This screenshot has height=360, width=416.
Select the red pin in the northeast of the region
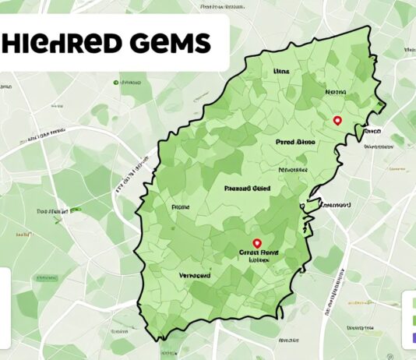tap(337, 121)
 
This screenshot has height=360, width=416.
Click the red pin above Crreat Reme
tap(258, 244)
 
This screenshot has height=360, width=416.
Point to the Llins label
tap(281, 71)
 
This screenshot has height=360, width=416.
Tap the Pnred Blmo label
tap(295, 143)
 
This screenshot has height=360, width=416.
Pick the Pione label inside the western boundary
tap(180, 208)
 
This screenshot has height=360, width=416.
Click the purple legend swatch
tap(411, 337)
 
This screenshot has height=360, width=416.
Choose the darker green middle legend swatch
tap(411, 318)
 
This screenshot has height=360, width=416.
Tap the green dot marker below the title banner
tap(116, 81)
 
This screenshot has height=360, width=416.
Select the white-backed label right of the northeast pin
tap(372, 132)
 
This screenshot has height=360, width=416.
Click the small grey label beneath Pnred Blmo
tap(292, 168)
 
